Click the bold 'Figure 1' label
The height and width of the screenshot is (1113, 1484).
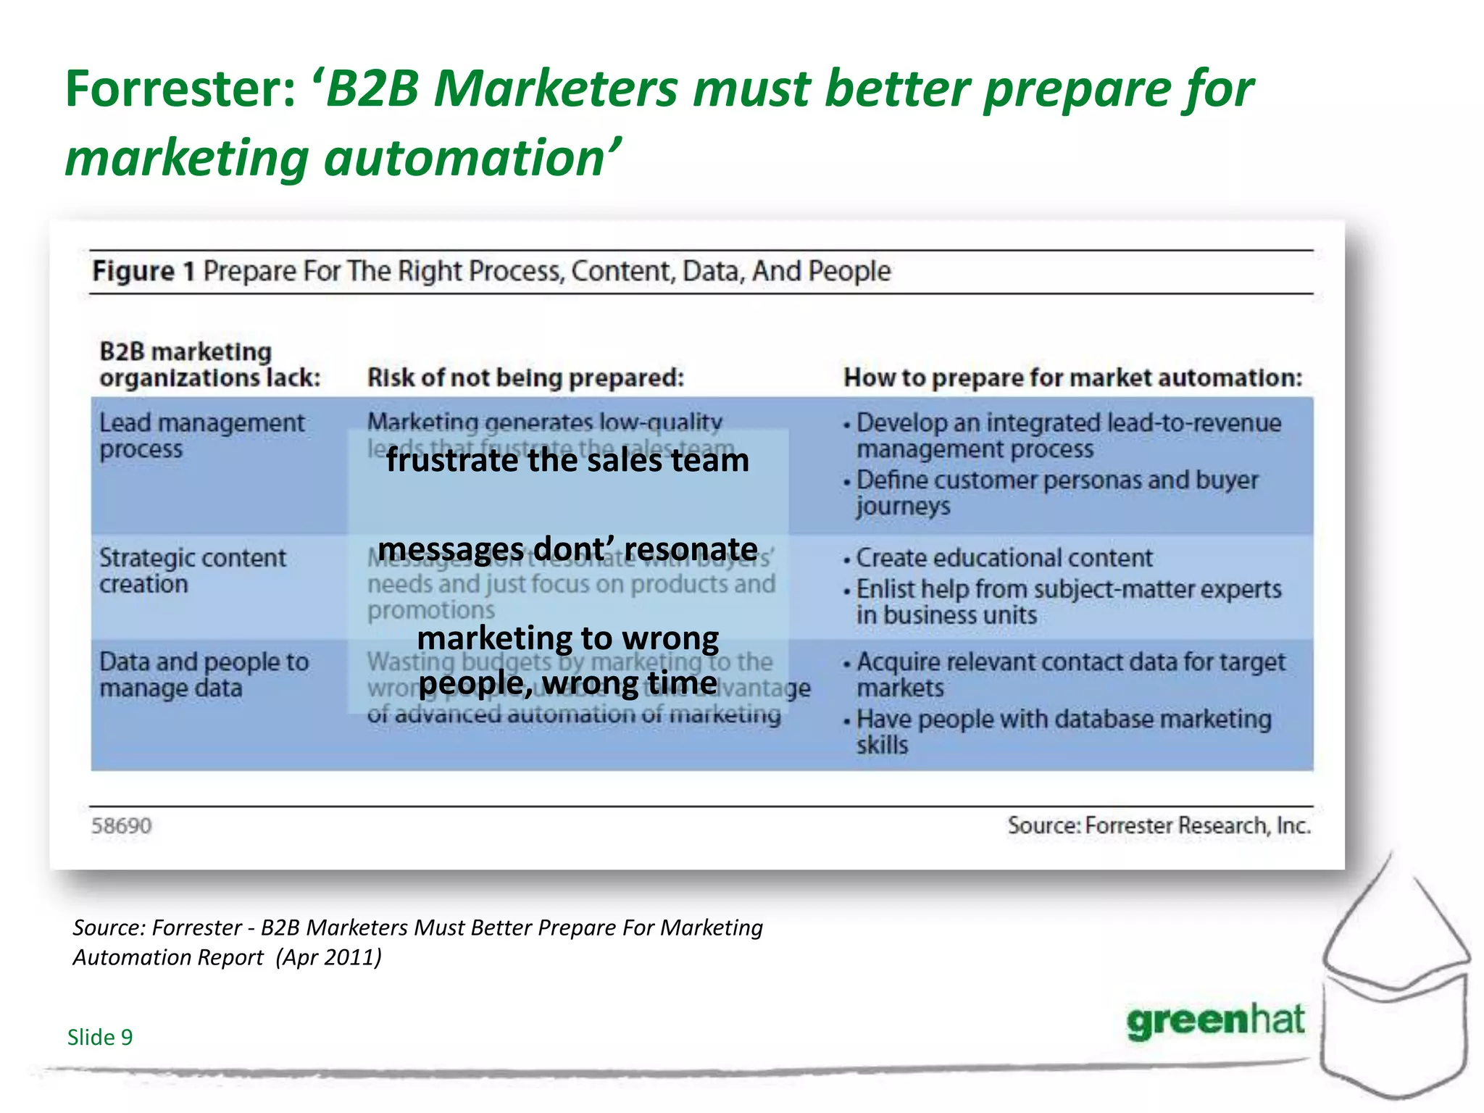[x=143, y=271]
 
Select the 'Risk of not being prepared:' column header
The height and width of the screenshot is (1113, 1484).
[x=525, y=378]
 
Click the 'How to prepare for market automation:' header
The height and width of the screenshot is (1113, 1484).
[x=1072, y=378]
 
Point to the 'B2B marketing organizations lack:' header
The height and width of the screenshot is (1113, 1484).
[x=209, y=364]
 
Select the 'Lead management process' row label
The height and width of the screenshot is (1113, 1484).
[x=201, y=435]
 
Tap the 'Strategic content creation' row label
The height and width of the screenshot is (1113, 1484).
[x=192, y=570]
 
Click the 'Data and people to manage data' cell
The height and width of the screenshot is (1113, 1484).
[x=204, y=675]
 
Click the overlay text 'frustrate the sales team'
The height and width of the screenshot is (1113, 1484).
[x=567, y=461]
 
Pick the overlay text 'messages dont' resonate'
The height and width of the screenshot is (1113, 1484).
[x=567, y=549]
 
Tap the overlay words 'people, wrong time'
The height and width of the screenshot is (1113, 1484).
[x=567, y=683]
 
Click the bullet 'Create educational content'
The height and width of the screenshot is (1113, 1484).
[x=1004, y=558]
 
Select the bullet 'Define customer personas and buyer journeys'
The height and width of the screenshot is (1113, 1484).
[x=1056, y=493]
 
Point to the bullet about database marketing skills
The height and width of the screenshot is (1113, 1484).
[x=1062, y=731]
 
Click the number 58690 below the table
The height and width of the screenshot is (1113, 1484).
[x=121, y=826]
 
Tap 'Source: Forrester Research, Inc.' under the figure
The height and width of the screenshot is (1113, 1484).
[x=1159, y=825]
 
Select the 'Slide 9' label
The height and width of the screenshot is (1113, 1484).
[x=100, y=1037]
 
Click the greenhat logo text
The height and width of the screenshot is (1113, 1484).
[x=1215, y=1021]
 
